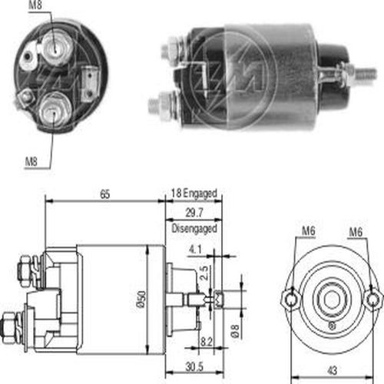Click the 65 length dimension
coord(105,194)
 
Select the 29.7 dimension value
coord(194,213)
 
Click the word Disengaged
coord(194,229)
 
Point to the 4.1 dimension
coord(195,249)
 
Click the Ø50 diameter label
coord(141,299)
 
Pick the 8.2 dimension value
coord(206,342)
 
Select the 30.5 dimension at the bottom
coord(194,367)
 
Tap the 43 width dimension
coord(333,370)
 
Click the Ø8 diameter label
coord(236,331)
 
